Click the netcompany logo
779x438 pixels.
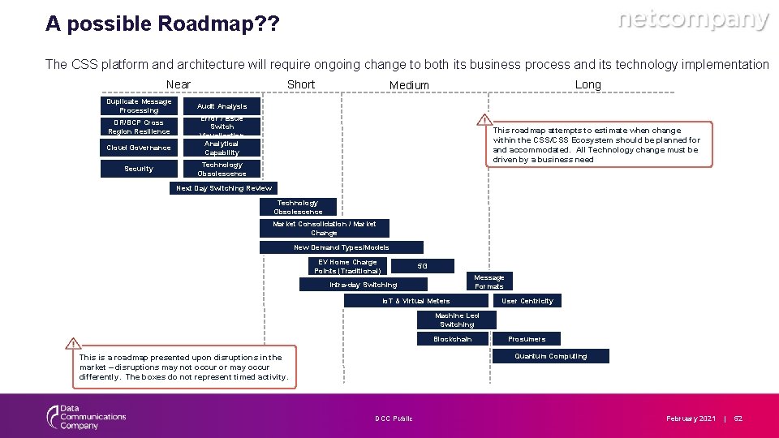pos(693,20)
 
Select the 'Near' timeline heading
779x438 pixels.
pos(178,84)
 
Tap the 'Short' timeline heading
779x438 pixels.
pos(301,84)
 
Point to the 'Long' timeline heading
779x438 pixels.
pos(587,84)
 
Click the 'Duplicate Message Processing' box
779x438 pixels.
pos(139,106)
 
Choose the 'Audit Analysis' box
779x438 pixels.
pos(222,106)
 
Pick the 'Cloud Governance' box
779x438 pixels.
pos(139,148)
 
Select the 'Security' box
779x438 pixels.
pos(139,169)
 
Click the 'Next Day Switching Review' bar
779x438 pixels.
pos(225,188)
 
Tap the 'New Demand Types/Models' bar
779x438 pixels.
pos(341,247)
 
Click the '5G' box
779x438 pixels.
pos(422,266)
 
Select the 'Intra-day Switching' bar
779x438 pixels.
pos(363,285)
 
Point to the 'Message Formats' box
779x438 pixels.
pos(488,281)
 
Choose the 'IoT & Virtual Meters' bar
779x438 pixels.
pos(415,301)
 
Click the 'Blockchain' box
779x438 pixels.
pos(452,339)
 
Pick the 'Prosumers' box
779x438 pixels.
pos(527,339)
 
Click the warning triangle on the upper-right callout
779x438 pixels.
pos(485,120)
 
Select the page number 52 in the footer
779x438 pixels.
pos(738,419)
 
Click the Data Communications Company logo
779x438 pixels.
pos(85,417)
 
